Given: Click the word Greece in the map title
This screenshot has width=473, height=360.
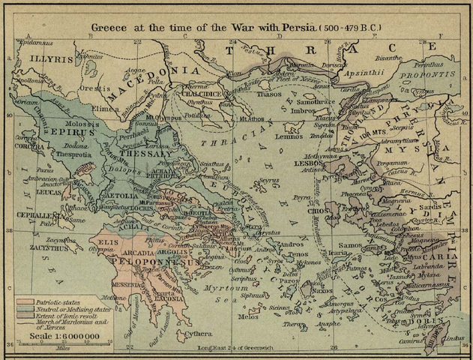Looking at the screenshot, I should tap(111, 28).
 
